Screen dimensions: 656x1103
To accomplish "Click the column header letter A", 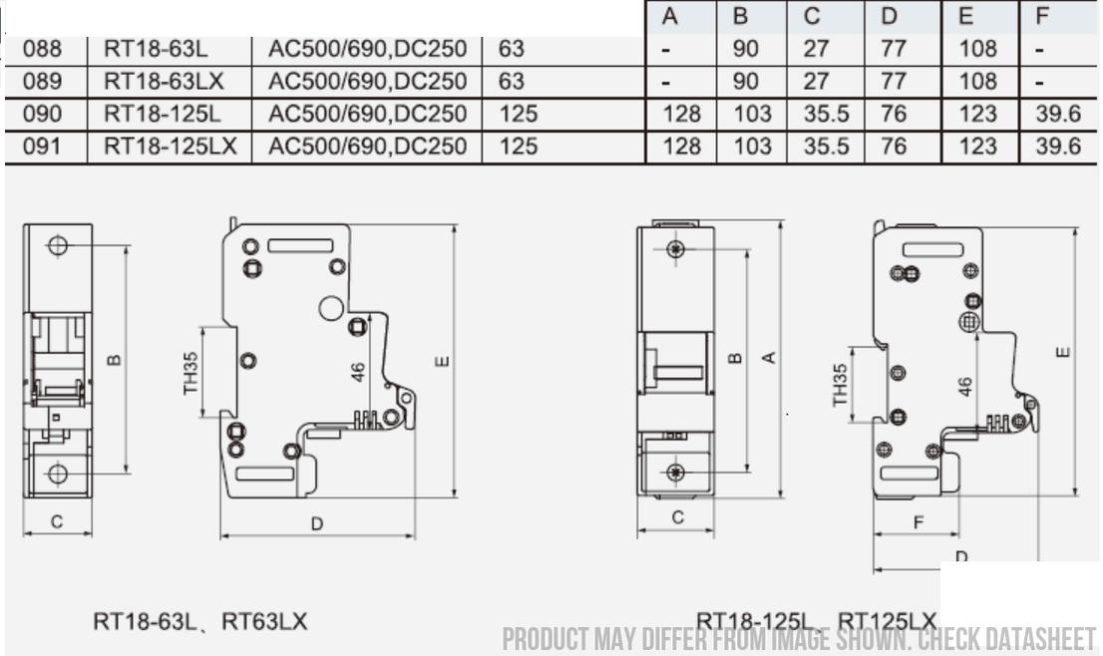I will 670,17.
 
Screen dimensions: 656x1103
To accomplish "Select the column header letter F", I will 1043,17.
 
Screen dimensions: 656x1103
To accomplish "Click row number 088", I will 42,49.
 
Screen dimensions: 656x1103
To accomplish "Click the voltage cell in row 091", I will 367,147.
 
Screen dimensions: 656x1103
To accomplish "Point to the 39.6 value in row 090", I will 1057,115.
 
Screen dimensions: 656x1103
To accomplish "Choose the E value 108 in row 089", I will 977,82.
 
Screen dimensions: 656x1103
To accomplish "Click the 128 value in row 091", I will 681,147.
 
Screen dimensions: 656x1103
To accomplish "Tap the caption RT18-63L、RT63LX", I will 200,622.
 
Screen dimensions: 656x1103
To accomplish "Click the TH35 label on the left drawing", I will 190,372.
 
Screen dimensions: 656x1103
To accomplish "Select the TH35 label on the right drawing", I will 841,385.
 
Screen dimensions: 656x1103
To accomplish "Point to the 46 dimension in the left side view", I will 359,371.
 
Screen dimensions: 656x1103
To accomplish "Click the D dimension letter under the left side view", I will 317,523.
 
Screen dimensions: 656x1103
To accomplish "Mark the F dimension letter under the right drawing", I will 919,522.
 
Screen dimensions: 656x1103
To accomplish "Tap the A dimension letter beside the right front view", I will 769,357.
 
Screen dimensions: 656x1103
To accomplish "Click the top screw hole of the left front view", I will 58,245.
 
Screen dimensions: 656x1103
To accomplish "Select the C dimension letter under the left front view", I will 57,521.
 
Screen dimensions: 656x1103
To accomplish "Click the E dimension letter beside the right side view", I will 1063,352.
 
